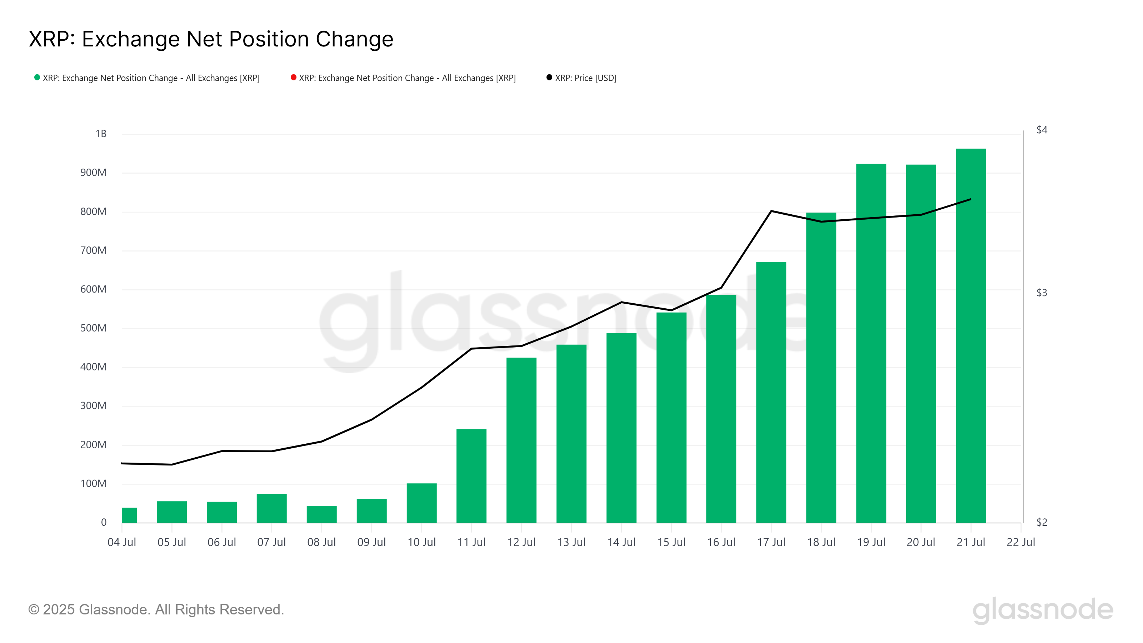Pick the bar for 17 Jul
(771, 392)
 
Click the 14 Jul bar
(621, 428)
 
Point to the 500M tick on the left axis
(93, 328)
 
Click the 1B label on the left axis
(101, 134)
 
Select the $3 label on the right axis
(1042, 293)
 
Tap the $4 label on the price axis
(1042, 130)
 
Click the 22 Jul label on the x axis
(1020, 542)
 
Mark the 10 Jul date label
(421, 542)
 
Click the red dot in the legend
(293, 78)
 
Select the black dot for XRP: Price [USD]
(549, 78)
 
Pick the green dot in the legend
(37, 78)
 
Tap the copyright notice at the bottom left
(156, 609)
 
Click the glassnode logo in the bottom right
(1042, 610)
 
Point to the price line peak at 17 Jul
(771, 211)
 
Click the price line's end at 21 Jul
(970, 199)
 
